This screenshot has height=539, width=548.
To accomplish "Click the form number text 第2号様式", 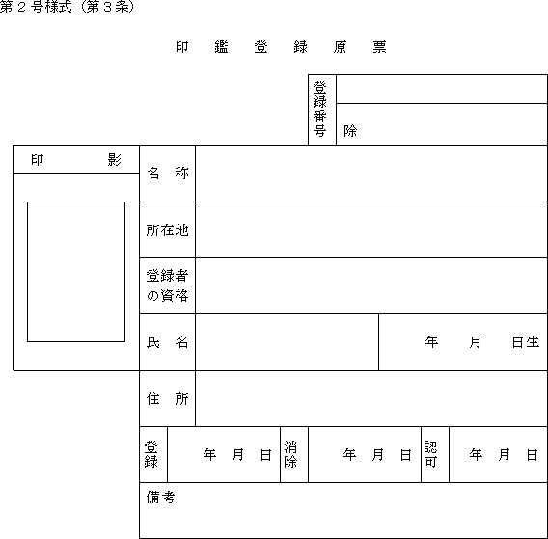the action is tap(36, 7).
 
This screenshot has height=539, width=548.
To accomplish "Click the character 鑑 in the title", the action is tap(221, 47).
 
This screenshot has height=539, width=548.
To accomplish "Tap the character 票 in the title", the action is tap(379, 47).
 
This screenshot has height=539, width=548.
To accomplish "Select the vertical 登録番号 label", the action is tap(319, 109).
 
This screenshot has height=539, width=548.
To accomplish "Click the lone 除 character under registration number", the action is tap(350, 131).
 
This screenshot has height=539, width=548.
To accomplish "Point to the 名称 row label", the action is tap(168, 173).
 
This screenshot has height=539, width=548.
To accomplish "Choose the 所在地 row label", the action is tap(168, 230).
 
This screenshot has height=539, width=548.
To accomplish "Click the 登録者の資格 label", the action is tap(168, 285).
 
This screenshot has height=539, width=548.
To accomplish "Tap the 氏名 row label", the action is tap(168, 342).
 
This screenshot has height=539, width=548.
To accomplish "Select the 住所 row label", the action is tap(168, 398).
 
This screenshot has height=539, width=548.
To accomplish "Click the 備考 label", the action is tap(160, 498).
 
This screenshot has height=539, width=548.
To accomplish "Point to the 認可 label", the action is tap(430, 454).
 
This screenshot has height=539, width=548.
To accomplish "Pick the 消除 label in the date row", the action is tap(290, 454).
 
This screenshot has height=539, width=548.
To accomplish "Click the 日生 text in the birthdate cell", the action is tap(526, 342).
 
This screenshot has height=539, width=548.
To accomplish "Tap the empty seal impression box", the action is tap(76, 272).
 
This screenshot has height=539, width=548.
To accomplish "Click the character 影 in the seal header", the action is tap(114, 160).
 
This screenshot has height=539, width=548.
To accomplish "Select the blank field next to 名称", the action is tap(371, 174).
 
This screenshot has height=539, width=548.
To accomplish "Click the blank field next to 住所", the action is tap(371, 398).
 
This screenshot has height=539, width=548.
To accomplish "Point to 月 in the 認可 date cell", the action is tap(504, 455).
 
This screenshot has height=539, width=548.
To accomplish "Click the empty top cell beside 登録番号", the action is tap(442, 89).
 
